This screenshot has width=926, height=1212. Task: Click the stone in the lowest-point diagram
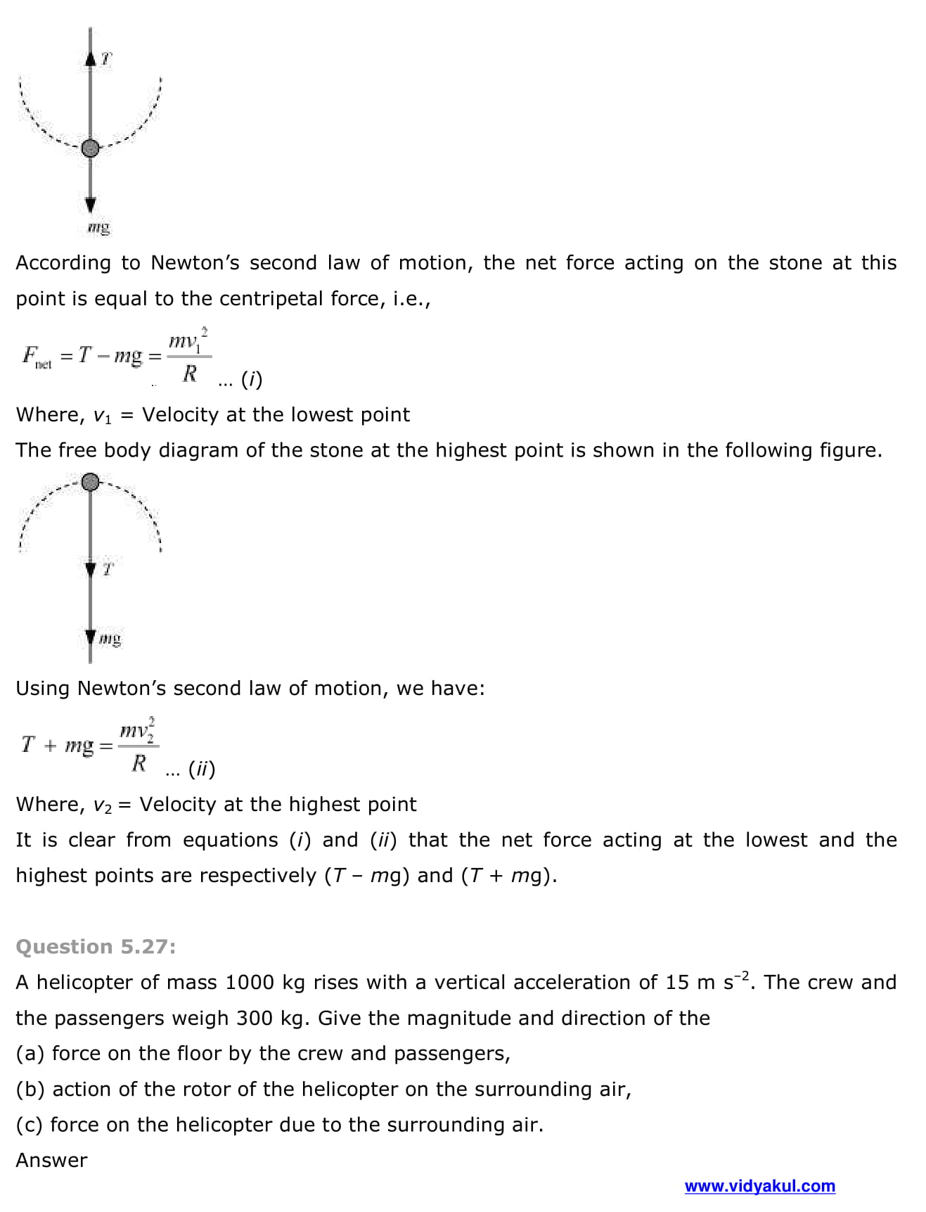[90, 148]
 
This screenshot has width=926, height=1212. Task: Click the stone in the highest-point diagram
[90, 482]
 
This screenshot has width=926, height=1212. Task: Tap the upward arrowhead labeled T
[90, 59]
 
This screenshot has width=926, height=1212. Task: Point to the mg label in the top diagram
[99, 227]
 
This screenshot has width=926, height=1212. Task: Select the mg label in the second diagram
[110, 639]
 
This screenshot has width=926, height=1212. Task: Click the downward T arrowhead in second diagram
[90, 568]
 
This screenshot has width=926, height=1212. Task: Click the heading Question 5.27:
[96, 947]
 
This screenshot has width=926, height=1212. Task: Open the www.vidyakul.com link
[759, 1186]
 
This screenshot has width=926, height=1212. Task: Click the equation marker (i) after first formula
[251, 380]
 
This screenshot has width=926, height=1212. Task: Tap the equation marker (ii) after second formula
[201, 769]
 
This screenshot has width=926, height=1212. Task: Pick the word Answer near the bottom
[51, 1160]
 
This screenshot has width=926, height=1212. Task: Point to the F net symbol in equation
[35, 356]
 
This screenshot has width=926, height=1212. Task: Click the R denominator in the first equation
[189, 374]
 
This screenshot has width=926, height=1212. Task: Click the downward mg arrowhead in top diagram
[90, 205]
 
